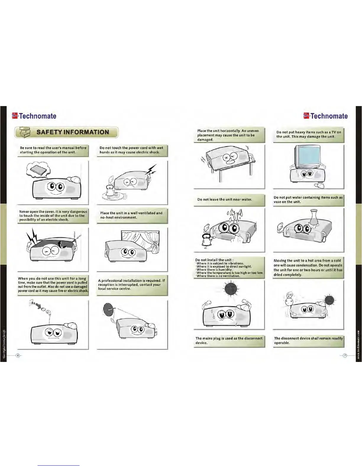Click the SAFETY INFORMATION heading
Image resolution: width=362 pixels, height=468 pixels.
point(72,132)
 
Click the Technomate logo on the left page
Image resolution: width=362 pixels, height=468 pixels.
point(34,116)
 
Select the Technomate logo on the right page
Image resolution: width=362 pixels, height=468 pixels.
point(325,116)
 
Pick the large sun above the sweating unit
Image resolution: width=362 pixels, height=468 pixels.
point(231,289)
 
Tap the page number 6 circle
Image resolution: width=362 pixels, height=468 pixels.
point(18,355)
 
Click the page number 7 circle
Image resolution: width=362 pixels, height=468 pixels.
point(345,355)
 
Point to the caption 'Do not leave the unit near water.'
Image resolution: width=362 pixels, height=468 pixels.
point(224,199)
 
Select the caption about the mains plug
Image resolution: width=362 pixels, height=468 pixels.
point(229,340)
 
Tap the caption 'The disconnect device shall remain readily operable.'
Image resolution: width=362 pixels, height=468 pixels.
point(308,340)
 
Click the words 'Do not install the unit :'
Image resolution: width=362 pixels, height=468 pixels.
point(214,260)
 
